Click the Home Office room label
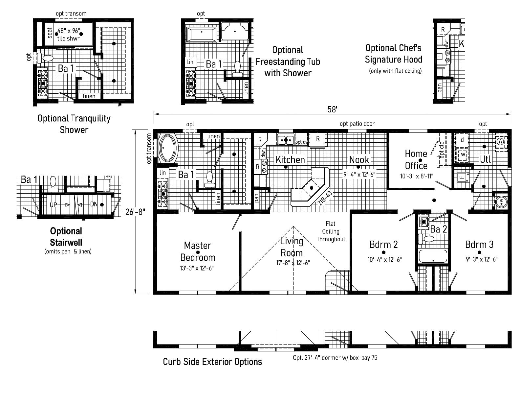(x=416, y=160)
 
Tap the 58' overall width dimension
(x=332, y=109)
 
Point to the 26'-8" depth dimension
(x=135, y=212)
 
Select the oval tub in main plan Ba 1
(x=168, y=148)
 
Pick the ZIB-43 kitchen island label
(x=325, y=198)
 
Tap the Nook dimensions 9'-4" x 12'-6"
(x=359, y=175)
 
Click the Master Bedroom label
(x=198, y=251)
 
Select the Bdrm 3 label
(x=479, y=244)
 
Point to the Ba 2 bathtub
(x=433, y=256)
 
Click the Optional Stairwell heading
(x=66, y=237)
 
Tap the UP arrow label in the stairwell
(x=53, y=205)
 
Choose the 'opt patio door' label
(x=357, y=124)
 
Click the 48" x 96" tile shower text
(x=69, y=35)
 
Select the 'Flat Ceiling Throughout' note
(x=331, y=231)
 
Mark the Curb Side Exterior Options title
(x=212, y=362)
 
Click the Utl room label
(x=485, y=159)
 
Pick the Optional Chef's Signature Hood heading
(x=393, y=54)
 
